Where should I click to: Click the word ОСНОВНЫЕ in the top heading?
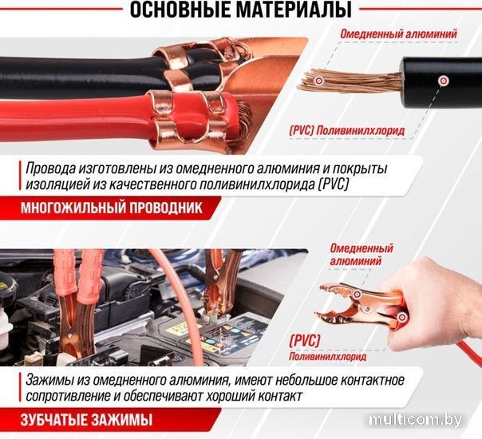pos(180,10)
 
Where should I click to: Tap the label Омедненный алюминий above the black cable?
pos(399,34)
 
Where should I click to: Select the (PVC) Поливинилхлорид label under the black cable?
pos(347,131)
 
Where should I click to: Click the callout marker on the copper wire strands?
pos(318,81)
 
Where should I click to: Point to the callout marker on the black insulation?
pos(443,81)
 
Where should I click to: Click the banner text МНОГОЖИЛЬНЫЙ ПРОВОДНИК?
pos(112,208)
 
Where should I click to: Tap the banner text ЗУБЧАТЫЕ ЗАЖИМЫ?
pos(86,421)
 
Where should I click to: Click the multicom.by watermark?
pos(416,420)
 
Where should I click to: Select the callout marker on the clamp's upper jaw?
pos(357,294)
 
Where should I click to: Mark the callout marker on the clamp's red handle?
pos(401,317)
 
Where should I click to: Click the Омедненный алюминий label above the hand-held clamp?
pos(361,255)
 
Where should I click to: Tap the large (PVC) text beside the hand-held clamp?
pos(305,341)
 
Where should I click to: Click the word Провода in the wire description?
pos(50,168)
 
